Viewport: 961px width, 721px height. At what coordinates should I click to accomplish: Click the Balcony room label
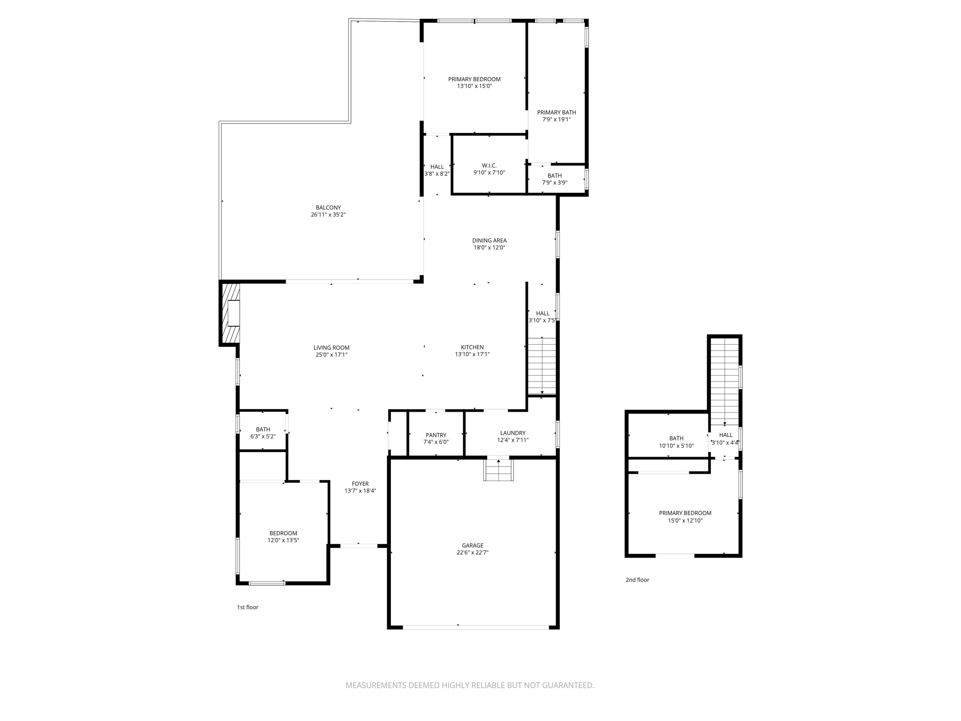point(328,207)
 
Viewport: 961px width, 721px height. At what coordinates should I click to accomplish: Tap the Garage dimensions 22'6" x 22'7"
point(472,552)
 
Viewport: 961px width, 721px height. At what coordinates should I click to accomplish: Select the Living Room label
point(331,348)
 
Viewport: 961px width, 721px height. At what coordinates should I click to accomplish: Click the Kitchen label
point(472,347)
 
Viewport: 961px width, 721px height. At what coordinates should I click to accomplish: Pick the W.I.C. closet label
point(489,166)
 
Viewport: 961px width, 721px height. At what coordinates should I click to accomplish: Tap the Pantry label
point(436,435)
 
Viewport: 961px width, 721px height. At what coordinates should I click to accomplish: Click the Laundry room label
point(512,433)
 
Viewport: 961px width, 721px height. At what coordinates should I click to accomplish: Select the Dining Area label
point(489,240)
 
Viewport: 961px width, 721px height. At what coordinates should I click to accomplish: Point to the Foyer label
point(360,483)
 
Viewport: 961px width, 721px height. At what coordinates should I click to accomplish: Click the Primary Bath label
point(557,112)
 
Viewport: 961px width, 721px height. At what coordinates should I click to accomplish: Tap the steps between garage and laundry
point(498,470)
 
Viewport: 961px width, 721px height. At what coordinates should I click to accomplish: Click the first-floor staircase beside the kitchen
point(542,366)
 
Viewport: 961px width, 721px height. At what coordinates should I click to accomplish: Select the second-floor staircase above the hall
point(725,380)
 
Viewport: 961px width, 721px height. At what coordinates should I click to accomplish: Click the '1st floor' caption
point(247,607)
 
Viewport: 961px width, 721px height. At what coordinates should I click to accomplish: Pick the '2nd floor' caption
point(637,580)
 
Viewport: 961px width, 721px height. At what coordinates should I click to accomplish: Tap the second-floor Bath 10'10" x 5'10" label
point(676,438)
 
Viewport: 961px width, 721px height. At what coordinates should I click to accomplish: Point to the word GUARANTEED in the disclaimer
point(568,685)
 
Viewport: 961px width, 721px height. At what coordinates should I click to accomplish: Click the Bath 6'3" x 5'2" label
point(263,430)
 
